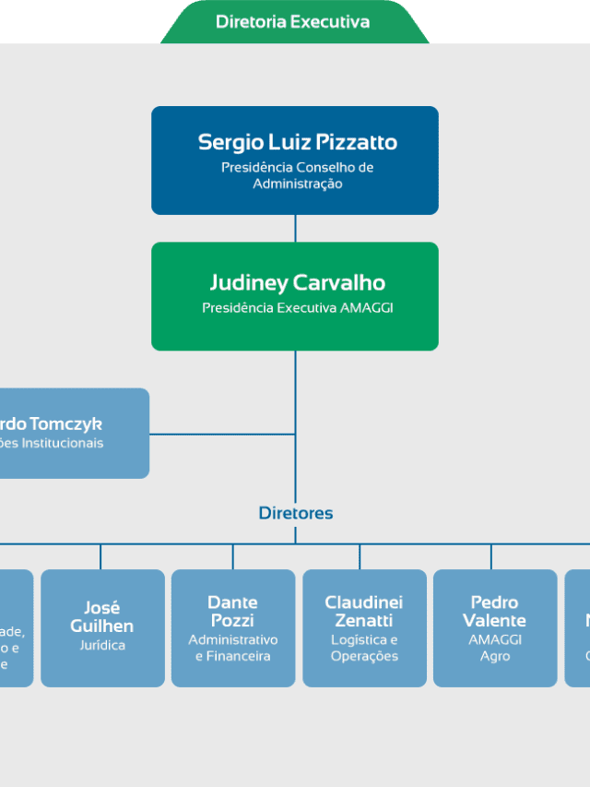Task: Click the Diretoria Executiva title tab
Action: pos(293,21)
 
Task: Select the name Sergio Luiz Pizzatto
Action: pos(297,142)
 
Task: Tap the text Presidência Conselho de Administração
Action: pos(297,175)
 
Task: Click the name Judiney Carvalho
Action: pos(297,282)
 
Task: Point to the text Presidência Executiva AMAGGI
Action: pos(297,308)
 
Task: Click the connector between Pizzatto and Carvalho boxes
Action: pos(295,229)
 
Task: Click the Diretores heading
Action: pos(295,513)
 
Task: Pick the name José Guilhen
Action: pos(102,616)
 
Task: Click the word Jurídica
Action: pos(102,645)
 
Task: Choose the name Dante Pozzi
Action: pos(232,611)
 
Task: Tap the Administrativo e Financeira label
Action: pos(232,648)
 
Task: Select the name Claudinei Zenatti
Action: pos(364,611)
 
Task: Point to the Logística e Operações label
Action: pos(364,648)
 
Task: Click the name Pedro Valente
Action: pos(495,611)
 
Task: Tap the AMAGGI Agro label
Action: pos(495,648)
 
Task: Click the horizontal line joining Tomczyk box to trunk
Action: pos(221,434)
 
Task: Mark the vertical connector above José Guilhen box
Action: pos(100,556)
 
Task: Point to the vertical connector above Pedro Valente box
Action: pos(490,556)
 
